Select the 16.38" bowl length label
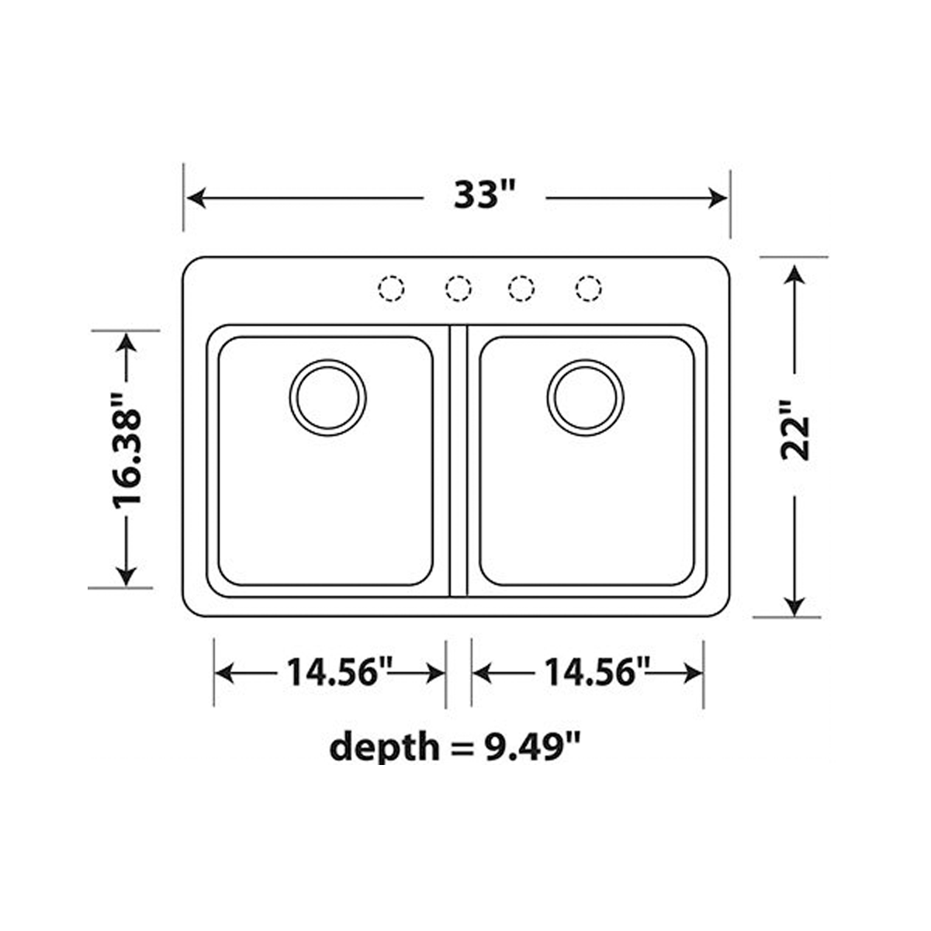(x=127, y=452)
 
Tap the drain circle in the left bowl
(x=328, y=396)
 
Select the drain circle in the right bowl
(x=586, y=396)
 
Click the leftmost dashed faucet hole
(x=391, y=289)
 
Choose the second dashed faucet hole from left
(x=459, y=289)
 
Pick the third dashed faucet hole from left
(x=521, y=289)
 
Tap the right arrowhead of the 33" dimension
(x=718, y=198)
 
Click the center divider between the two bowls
(x=459, y=461)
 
